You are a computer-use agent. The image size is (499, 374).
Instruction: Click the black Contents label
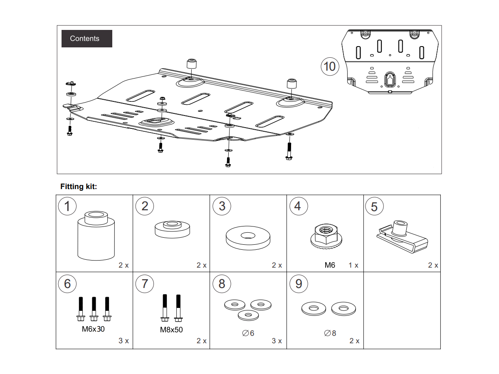87,39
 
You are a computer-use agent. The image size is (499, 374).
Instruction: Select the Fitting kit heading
79,187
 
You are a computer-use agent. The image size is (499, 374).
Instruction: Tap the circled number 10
329,66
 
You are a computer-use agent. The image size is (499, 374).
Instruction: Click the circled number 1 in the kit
67,206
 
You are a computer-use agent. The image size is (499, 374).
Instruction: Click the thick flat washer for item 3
248,238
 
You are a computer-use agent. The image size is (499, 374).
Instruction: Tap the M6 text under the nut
330,265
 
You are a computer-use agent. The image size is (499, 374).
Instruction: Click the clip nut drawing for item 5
401,237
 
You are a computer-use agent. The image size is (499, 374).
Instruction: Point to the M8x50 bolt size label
171,330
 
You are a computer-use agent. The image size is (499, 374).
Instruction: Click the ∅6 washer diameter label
248,333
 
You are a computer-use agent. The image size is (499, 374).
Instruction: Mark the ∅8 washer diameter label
330,333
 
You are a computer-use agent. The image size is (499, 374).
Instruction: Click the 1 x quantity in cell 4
353,265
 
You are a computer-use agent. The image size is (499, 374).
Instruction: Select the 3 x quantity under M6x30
124,341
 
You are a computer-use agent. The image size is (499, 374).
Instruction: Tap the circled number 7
144,284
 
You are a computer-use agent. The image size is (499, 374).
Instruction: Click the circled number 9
299,284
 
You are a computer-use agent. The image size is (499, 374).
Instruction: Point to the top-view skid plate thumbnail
390,61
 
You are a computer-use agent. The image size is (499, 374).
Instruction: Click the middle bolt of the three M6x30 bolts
94,309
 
